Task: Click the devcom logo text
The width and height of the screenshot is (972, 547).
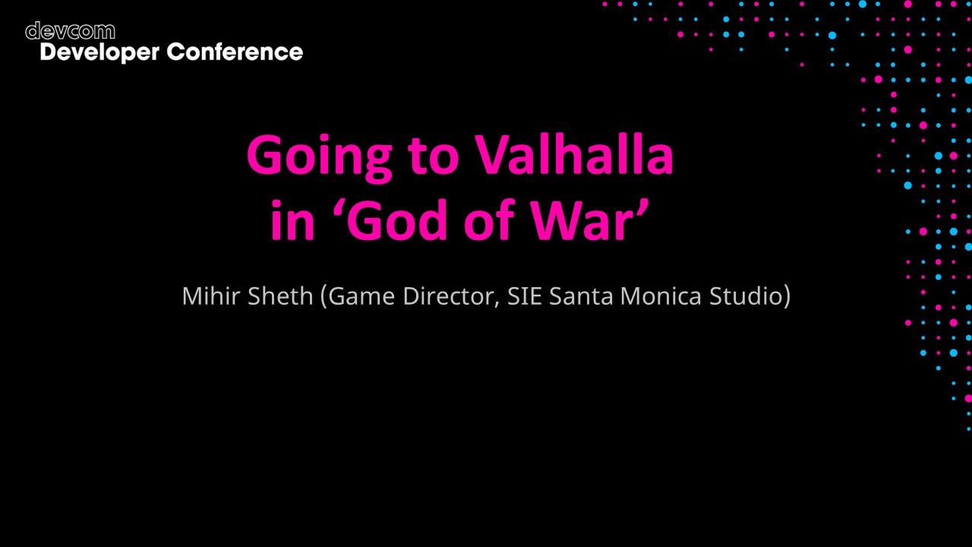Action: [x=70, y=31]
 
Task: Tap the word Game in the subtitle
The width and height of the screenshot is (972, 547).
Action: [x=361, y=296]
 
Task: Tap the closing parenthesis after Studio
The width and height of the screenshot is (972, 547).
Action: [x=786, y=296]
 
